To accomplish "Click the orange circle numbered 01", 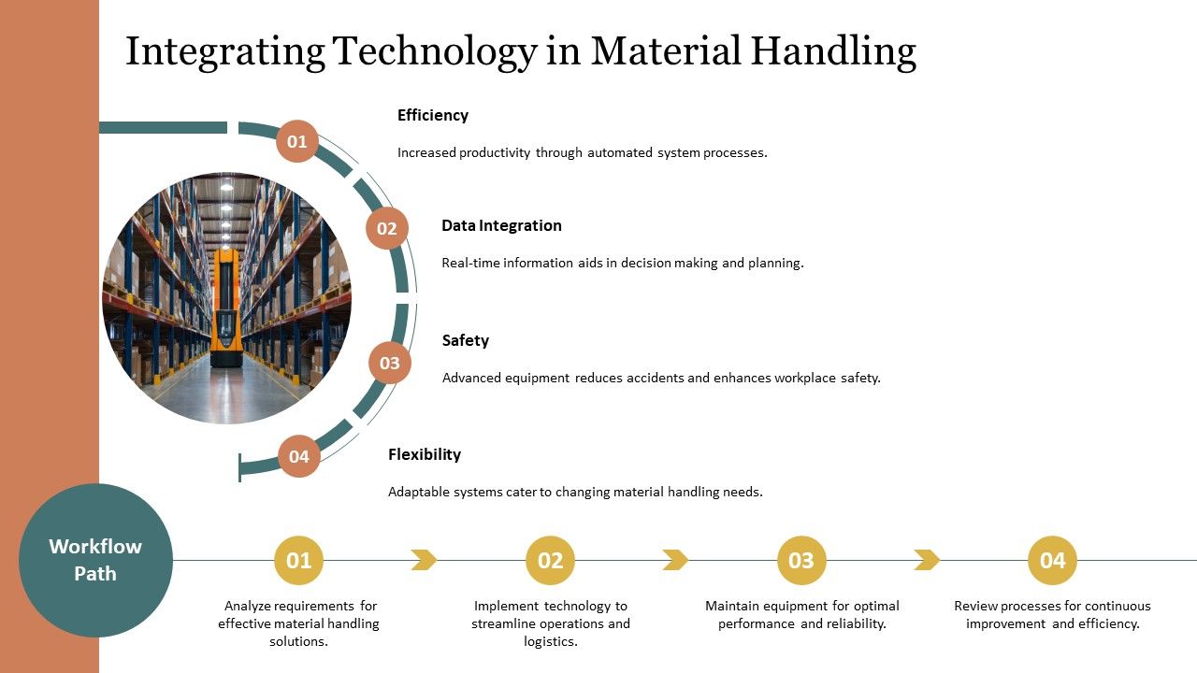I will pyautogui.click(x=297, y=142).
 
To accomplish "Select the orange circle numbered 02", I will pyautogui.click(x=387, y=228).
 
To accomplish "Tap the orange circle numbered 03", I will pyautogui.click(x=390, y=364).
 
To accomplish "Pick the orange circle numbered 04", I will pyautogui.click(x=299, y=456).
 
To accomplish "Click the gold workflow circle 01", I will pyautogui.click(x=298, y=561).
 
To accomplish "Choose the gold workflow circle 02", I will pyautogui.click(x=550, y=561).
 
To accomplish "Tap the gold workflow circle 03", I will pyautogui.click(x=801, y=561).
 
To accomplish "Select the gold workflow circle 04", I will pyautogui.click(x=1052, y=561).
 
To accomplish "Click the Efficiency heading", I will pyautogui.click(x=432, y=115).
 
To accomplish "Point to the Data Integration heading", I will pyautogui.click(x=501, y=225).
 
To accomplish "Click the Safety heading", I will pyautogui.click(x=465, y=340).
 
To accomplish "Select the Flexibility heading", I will pyautogui.click(x=425, y=454).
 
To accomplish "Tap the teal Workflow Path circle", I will pyautogui.click(x=95, y=560).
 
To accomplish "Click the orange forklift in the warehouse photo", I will pyautogui.click(x=224, y=308).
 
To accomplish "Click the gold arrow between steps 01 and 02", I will pyautogui.click(x=425, y=560).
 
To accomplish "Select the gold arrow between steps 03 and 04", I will pyautogui.click(x=927, y=560).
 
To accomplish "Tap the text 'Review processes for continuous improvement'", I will pyautogui.click(x=1052, y=614).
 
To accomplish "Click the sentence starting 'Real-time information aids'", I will pyautogui.click(x=622, y=263).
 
